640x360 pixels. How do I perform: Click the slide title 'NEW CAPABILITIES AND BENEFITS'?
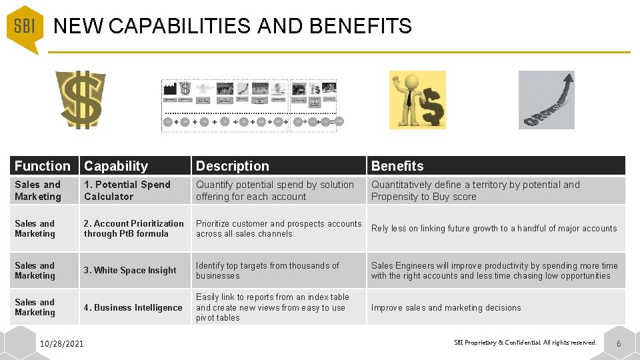pyautogui.click(x=233, y=26)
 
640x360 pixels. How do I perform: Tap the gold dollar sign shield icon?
pyautogui.click(x=80, y=99)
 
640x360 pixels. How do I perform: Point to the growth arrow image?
pyautogui.click(x=546, y=99)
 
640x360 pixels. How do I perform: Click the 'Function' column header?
pyautogui.click(x=42, y=166)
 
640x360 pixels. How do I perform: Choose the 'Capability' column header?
pyautogui.click(x=116, y=166)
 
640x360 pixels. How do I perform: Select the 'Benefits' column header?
pyautogui.click(x=397, y=166)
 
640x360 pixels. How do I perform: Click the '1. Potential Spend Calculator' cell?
pyautogui.click(x=127, y=191)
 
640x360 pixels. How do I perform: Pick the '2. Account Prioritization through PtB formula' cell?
pyautogui.click(x=133, y=229)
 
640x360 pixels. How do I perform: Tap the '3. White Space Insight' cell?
pyautogui.click(x=130, y=271)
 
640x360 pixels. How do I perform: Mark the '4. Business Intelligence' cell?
pyautogui.click(x=133, y=308)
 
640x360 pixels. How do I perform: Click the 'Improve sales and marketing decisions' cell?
pyautogui.click(x=446, y=308)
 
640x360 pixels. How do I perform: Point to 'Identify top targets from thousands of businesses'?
pyautogui.click(x=267, y=271)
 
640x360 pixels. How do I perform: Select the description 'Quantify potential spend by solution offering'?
pyautogui.click(x=275, y=191)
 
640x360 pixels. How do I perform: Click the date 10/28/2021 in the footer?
pyautogui.click(x=62, y=344)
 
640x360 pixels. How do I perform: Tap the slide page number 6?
pyautogui.click(x=619, y=344)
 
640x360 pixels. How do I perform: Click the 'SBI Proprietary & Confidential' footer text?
pyautogui.click(x=525, y=343)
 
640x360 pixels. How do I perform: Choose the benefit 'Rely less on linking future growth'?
pyautogui.click(x=494, y=229)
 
